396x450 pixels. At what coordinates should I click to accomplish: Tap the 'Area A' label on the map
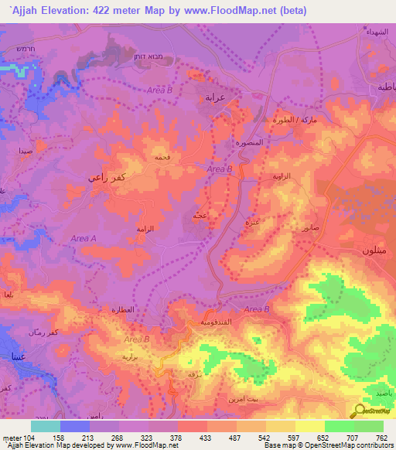(83, 239)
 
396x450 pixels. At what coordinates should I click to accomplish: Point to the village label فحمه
(163, 157)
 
